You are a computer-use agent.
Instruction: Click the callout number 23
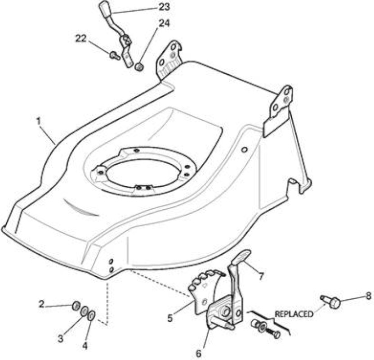pos(164,7)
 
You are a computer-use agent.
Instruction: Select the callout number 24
pos(164,23)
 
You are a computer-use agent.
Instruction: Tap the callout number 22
pos(81,38)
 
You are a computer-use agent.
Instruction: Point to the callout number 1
pos(39,121)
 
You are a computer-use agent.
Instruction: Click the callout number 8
pos(369,296)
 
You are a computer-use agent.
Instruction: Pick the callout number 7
pos(261,277)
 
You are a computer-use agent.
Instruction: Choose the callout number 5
pos(170,318)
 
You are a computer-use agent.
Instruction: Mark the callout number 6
pos(198,354)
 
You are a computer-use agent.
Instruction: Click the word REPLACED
pos(294,314)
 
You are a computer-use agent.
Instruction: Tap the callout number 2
pos(41,304)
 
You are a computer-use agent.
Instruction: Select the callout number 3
pos(61,338)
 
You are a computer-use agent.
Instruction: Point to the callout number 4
pos(85,346)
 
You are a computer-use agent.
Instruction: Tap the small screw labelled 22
pos(115,56)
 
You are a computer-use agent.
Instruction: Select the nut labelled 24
pos(139,66)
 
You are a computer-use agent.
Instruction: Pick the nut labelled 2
pos(76,306)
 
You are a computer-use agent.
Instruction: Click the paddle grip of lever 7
pos(241,256)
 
